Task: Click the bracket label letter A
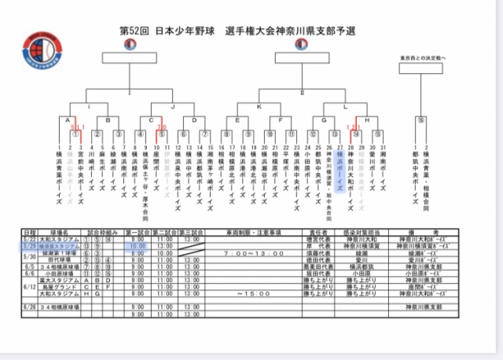click(x=69, y=121)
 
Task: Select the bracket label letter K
click(x=259, y=105)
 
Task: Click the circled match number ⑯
click(x=422, y=121)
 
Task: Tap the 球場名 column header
click(x=61, y=233)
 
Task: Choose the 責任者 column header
click(x=310, y=233)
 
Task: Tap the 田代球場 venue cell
click(x=60, y=260)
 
